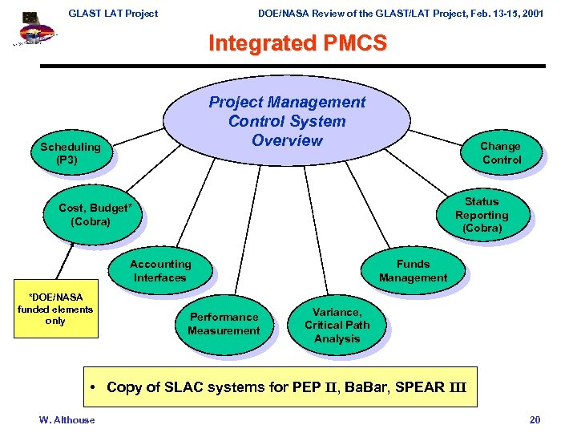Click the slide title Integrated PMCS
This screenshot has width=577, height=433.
(297, 43)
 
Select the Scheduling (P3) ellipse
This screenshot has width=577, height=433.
(71, 153)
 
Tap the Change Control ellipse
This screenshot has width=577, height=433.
(500, 152)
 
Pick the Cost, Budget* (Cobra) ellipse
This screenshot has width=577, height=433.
(93, 215)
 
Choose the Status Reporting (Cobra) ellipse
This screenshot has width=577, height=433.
(482, 215)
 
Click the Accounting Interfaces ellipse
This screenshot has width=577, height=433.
(159, 271)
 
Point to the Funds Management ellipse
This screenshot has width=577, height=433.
(413, 271)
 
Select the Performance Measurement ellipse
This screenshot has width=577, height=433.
(224, 324)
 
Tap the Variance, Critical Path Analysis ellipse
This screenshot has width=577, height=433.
(337, 325)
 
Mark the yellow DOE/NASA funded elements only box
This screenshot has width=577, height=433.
(55, 309)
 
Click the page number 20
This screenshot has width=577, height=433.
(535, 420)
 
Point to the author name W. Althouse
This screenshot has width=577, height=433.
(67, 420)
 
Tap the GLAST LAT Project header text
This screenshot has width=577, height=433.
(113, 14)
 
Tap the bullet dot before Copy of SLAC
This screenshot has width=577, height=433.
(95, 388)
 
